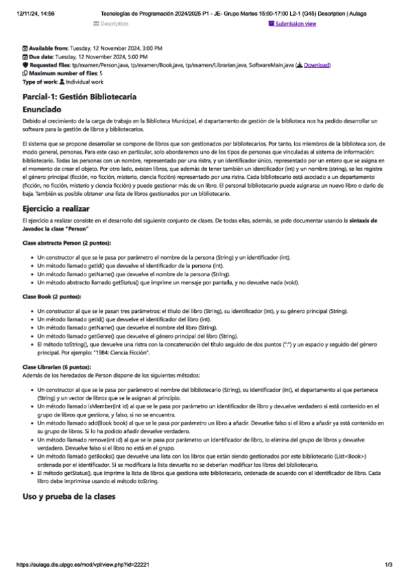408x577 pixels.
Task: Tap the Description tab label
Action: click(113, 24)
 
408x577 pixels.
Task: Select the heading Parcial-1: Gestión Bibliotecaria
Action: click(79, 97)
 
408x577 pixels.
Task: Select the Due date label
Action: click(42, 57)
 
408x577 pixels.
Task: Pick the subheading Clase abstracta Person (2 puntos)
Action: click(67, 243)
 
